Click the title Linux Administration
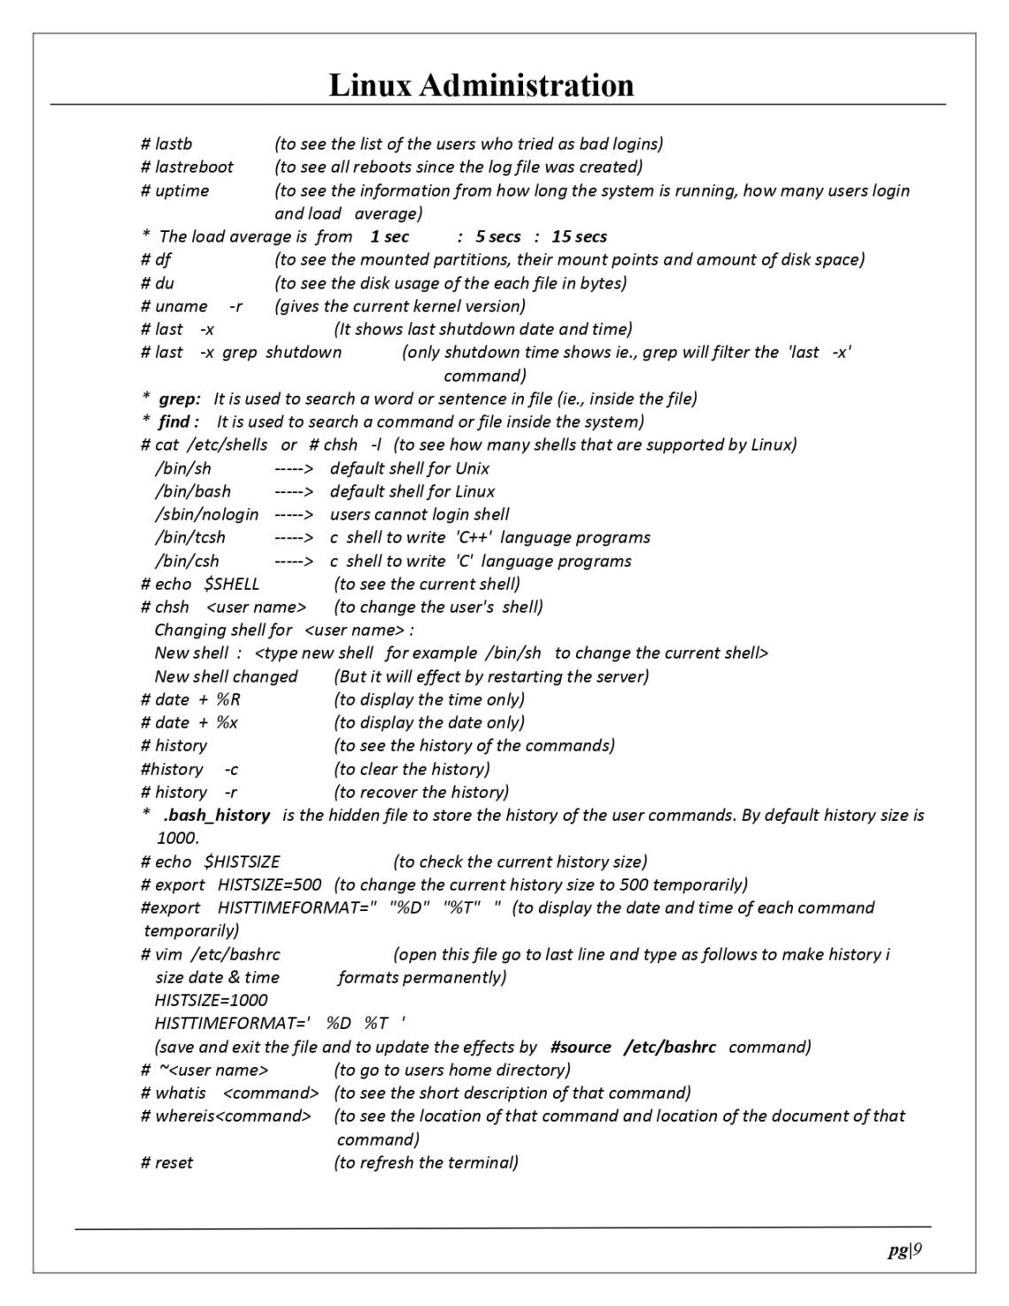coord(481,86)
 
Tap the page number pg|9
coord(905,1250)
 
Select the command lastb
coord(173,143)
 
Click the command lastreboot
coord(194,166)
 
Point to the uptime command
coord(181,190)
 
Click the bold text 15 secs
coord(579,236)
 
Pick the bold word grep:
coord(180,398)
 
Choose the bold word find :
coord(179,421)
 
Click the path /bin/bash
coord(192,491)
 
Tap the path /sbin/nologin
coord(206,514)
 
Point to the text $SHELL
coord(232,584)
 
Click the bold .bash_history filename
coord(217,815)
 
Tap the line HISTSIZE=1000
coord(211,1001)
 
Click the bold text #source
coord(581,1047)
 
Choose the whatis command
coord(181,1093)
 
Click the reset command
coord(173,1163)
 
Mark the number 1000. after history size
coord(178,838)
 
